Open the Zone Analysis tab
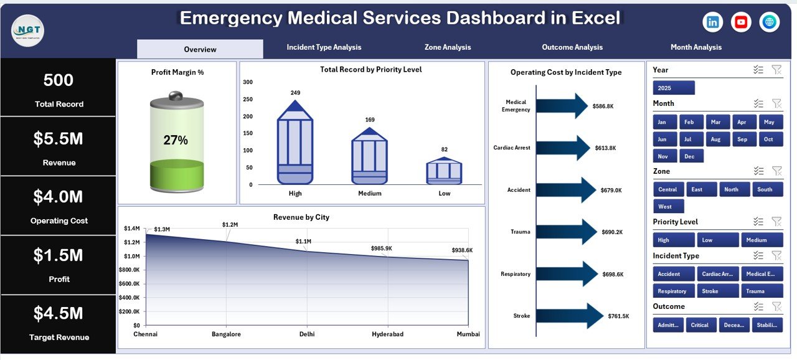tap(447, 47)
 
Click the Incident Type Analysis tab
tap(324, 47)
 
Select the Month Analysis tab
tap(696, 47)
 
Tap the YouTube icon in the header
tap(741, 22)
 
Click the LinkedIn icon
tap(712, 22)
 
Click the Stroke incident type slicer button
tap(710, 291)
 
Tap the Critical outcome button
tap(700, 324)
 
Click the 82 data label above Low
tap(444, 149)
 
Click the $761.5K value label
tap(618, 316)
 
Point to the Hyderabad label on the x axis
tap(387, 334)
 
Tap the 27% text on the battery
tap(176, 141)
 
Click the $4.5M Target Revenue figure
tap(58, 313)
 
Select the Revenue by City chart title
tap(301, 217)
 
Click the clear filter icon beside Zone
tap(776, 171)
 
